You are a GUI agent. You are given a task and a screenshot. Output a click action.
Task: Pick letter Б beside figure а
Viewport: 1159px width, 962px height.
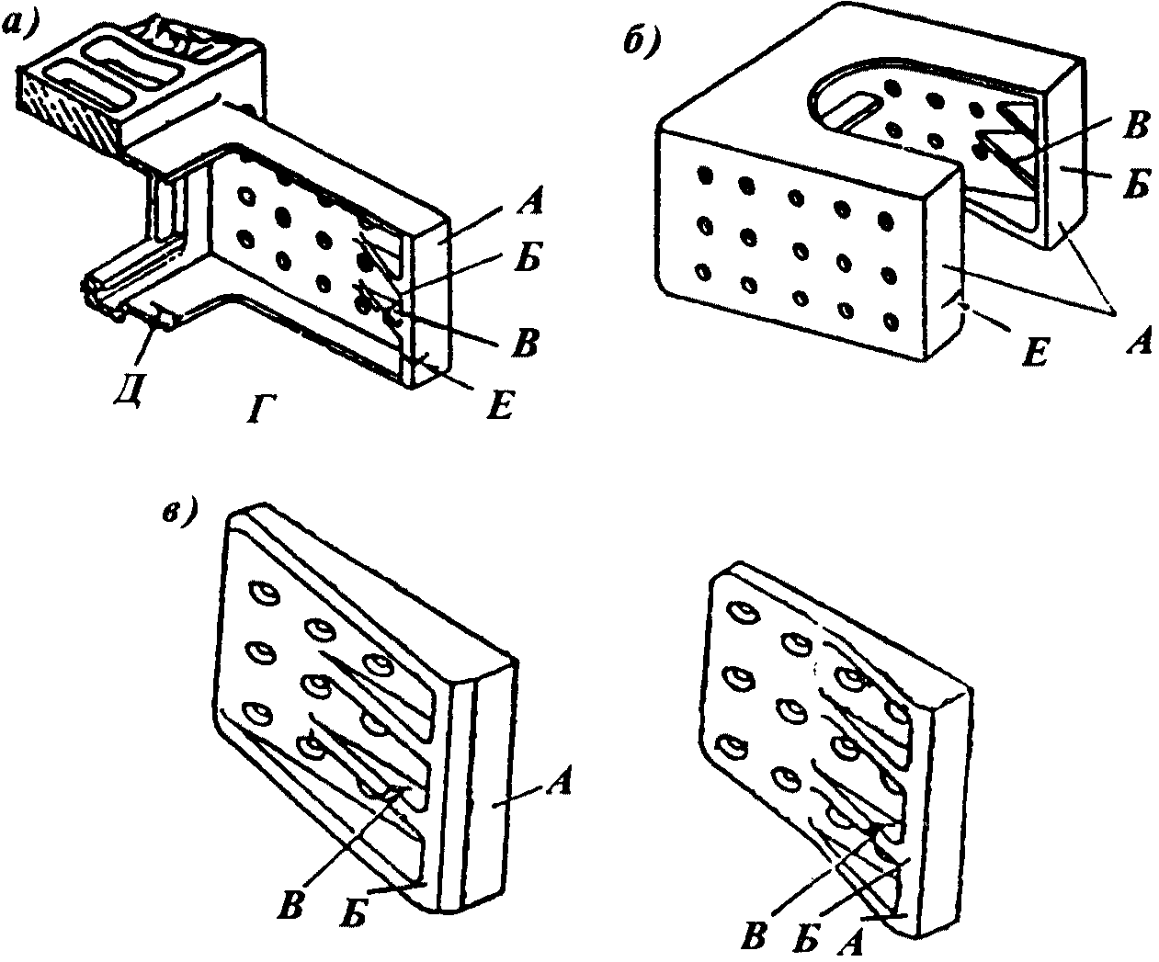point(528,261)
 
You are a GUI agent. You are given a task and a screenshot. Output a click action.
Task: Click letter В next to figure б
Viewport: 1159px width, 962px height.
point(1136,126)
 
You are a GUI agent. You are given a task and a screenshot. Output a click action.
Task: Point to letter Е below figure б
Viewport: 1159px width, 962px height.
point(1035,351)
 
